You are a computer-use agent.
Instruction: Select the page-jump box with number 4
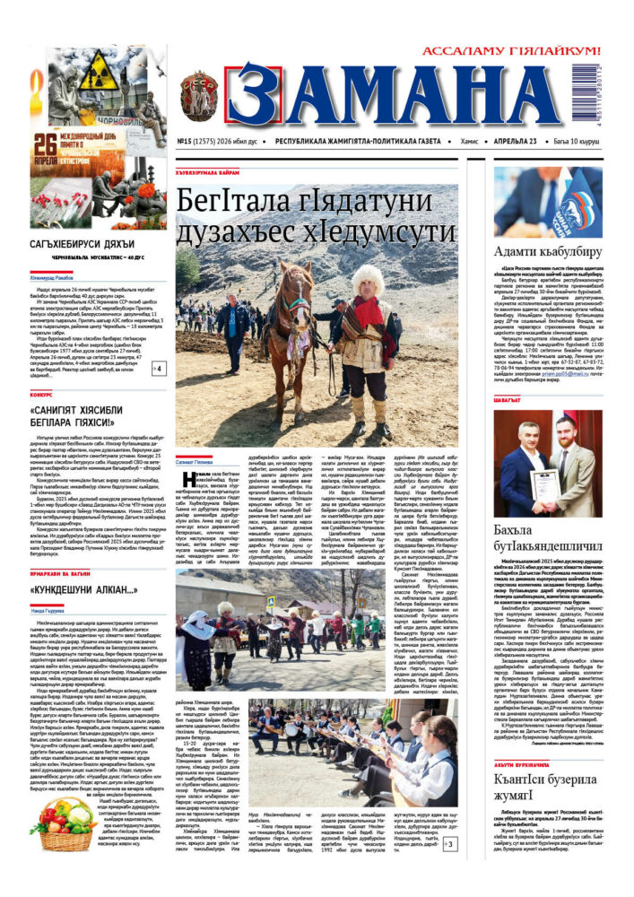(x=158, y=368)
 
